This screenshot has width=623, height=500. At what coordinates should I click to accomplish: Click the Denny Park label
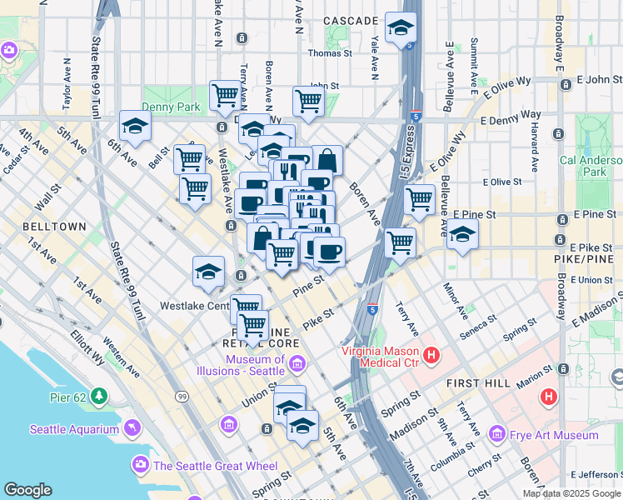(x=171, y=107)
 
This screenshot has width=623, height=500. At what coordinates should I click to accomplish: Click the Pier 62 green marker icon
(x=100, y=394)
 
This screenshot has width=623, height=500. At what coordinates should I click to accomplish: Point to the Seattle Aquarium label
(x=75, y=429)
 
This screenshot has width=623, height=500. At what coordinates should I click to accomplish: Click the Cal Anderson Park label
(x=592, y=166)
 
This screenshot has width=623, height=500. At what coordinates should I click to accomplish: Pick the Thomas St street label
(x=330, y=53)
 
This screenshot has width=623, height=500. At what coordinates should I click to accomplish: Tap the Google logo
(x=27, y=490)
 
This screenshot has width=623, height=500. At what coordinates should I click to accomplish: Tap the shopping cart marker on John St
(x=308, y=101)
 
